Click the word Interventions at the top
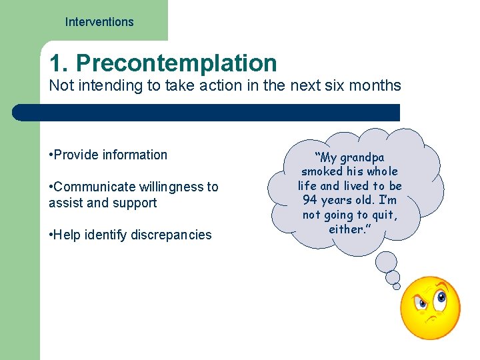click(99, 22)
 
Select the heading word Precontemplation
click(176, 63)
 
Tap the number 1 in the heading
click(57, 63)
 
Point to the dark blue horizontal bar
click(207, 112)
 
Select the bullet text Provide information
click(110, 155)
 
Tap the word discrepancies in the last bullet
click(172, 235)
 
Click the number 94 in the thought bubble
click(310, 200)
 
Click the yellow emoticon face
click(430, 308)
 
